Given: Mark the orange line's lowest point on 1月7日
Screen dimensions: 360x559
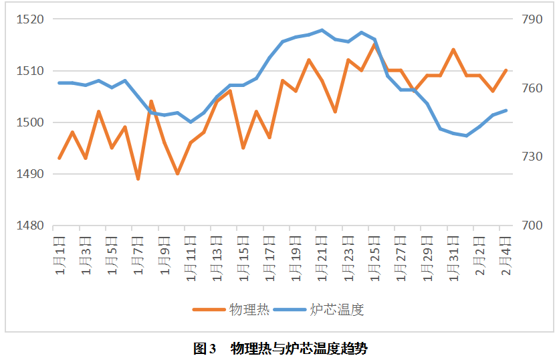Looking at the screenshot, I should pyautogui.click(x=138, y=179).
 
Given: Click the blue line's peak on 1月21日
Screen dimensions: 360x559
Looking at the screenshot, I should pyautogui.click(x=322, y=30).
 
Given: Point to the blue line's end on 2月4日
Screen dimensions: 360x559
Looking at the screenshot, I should pyautogui.click(x=506, y=110).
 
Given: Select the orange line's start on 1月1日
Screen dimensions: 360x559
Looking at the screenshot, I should pyautogui.click(x=60, y=159).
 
